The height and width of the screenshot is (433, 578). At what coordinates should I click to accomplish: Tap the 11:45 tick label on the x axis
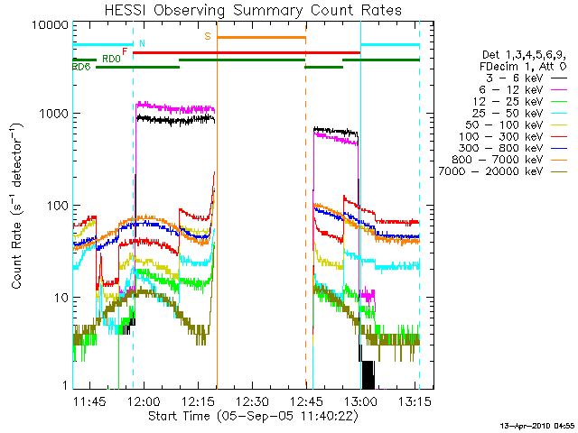pyautogui.click(x=90, y=401)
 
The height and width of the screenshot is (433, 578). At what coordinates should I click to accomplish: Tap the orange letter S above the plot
pyautogui.click(x=208, y=36)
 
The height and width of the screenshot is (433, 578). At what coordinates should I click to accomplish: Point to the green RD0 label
pyautogui.click(x=111, y=59)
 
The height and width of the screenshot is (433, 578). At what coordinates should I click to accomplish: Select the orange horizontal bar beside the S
pyautogui.click(x=262, y=37)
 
